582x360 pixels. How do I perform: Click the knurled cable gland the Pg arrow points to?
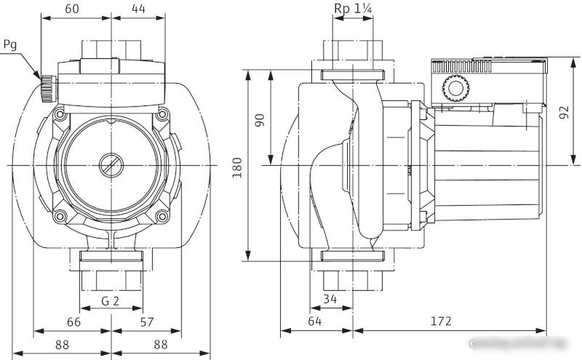[x=48, y=89]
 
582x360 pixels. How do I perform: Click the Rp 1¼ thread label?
[x=354, y=8]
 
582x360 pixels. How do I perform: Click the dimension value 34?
[x=331, y=297]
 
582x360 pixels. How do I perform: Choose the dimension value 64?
[x=315, y=321]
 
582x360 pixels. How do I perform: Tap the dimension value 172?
[x=440, y=321]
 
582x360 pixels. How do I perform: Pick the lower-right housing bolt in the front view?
[x=161, y=216]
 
